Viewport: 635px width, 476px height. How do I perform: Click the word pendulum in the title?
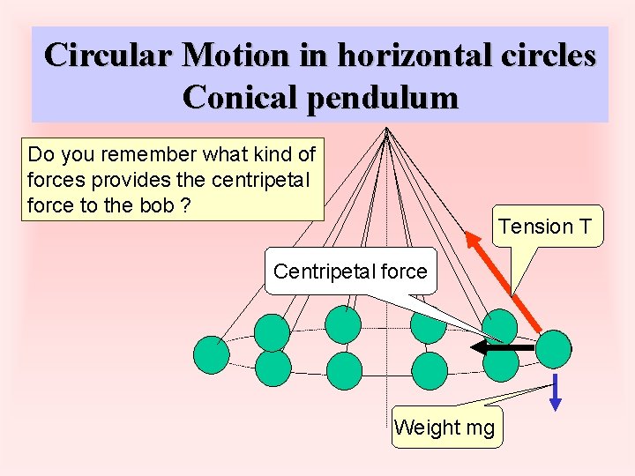pos(382,97)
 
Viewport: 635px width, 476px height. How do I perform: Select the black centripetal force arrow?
pos(503,348)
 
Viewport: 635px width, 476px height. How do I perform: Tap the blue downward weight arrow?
pos(556,391)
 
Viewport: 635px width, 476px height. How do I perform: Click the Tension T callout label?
pos(544,227)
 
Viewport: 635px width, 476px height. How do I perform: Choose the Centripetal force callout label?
pos(349,271)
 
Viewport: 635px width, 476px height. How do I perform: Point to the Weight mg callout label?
pos(444,428)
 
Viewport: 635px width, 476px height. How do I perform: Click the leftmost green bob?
pos(212,354)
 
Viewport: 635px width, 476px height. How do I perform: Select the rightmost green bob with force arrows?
pos(554,348)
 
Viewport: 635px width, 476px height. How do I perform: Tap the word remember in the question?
pos(151,154)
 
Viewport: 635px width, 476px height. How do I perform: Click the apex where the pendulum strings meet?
pos(386,130)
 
